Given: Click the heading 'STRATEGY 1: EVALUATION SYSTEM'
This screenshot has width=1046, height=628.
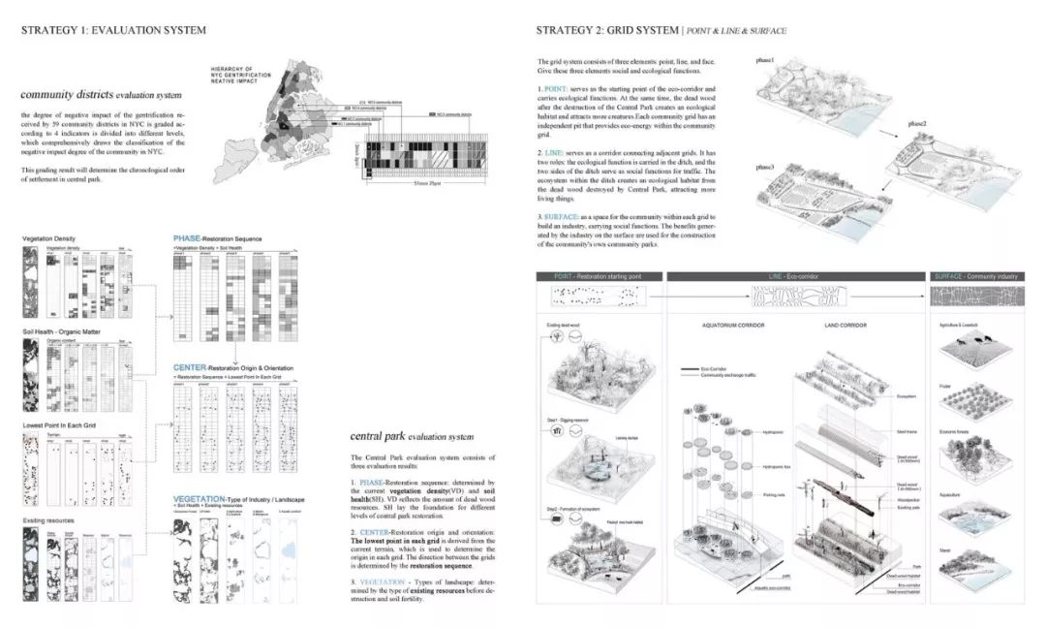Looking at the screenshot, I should tap(113, 30).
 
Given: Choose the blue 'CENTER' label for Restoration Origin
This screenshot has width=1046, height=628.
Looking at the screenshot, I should tap(192, 368).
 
